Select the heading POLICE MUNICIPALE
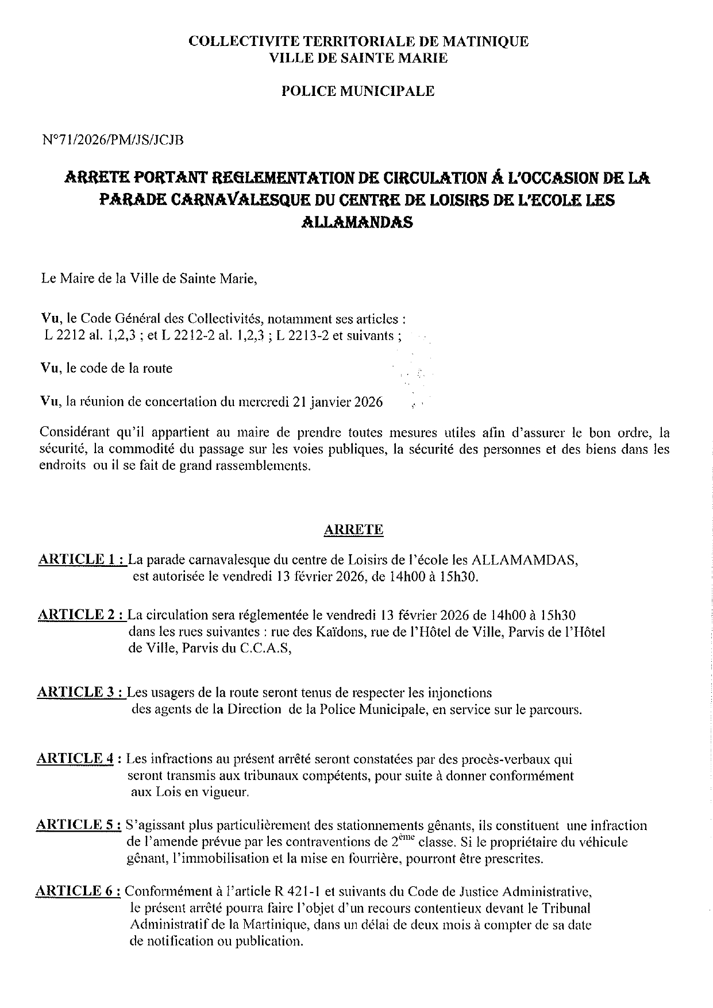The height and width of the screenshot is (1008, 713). coord(357,91)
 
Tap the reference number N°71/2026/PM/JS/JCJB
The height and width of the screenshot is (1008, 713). coord(113,140)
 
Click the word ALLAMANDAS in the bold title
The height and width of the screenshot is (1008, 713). coord(357,222)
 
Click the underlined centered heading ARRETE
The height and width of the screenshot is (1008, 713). coord(353,530)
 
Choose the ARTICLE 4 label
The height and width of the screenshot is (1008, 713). coord(75,759)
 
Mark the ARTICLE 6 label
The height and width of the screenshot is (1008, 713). coord(78,891)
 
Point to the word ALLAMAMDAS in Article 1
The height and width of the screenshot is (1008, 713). coord(523,560)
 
